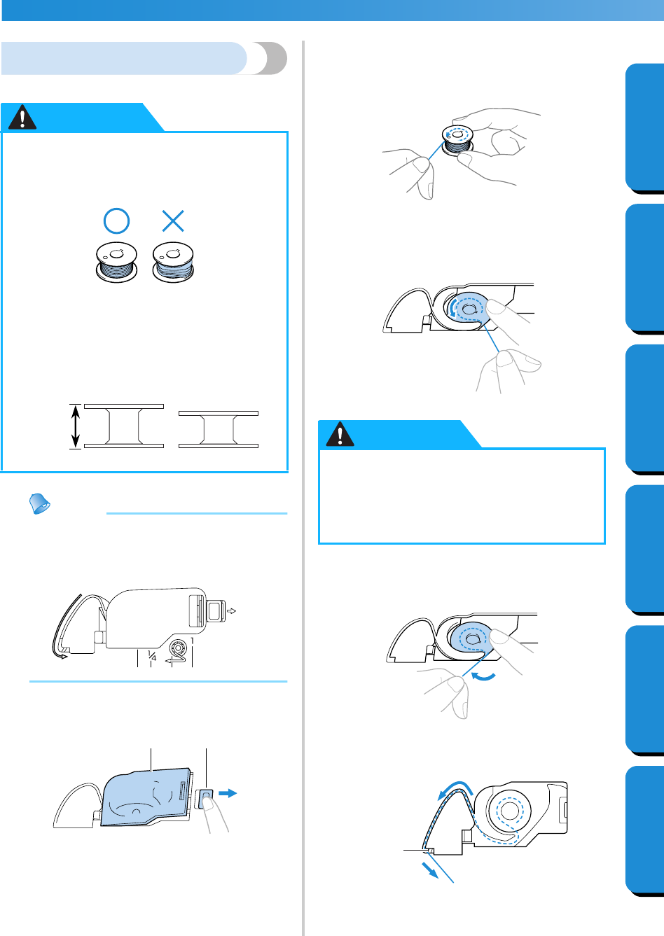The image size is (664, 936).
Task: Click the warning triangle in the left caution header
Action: click(x=22, y=117)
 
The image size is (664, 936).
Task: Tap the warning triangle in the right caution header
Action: click(x=340, y=434)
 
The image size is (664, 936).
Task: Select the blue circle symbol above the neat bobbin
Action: click(x=116, y=221)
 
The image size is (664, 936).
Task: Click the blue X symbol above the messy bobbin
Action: click(x=173, y=221)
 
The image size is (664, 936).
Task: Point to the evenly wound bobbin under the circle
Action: click(x=116, y=262)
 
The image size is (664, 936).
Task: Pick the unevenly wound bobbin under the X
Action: click(x=173, y=262)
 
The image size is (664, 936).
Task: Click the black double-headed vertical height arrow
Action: click(x=75, y=426)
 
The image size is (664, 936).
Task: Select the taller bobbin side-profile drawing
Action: click(x=124, y=426)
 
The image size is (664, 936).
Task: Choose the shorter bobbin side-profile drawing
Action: click(x=219, y=430)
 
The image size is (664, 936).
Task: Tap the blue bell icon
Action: click(x=39, y=503)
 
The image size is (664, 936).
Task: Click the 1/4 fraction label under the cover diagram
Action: click(x=152, y=655)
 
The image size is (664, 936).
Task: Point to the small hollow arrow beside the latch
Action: click(x=231, y=611)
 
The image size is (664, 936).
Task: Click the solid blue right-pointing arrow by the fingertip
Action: click(x=228, y=793)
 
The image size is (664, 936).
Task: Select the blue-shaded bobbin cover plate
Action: click(x=146, y=797)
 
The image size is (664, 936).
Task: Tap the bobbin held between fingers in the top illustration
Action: click(x=457, y=141)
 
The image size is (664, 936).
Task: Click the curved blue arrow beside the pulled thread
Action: click(x=483, y=676)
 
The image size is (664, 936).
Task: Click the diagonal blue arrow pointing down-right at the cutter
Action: click(x=430, y=871)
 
